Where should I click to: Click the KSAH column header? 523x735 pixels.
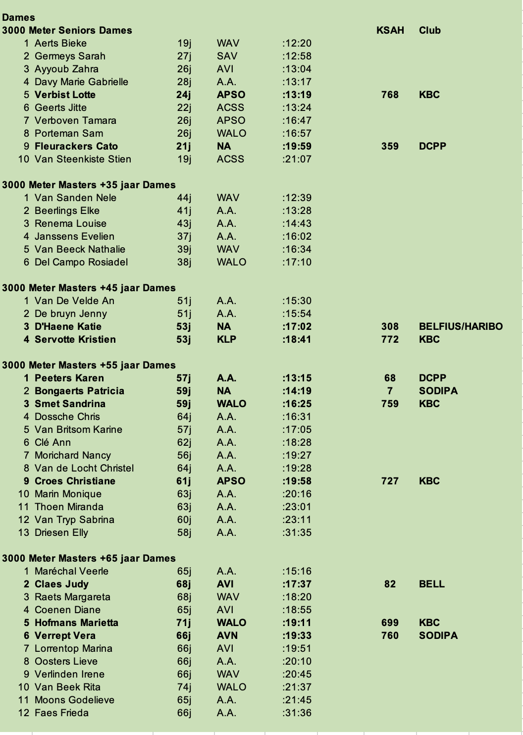click(390, 30)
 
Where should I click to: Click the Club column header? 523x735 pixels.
click(429, 30)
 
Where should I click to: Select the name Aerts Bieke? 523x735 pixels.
click(60, 43)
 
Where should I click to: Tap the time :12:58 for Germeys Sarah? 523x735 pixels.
click(297, 56)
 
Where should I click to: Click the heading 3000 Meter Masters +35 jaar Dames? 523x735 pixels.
click(89, 185)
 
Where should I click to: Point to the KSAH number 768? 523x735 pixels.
click(390, 95)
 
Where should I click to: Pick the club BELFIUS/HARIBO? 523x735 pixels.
click(461, 326)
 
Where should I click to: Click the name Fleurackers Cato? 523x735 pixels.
click(76, 146)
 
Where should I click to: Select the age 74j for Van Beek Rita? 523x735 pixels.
click(184, 687)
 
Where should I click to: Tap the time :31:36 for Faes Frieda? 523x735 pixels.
click(297, 713)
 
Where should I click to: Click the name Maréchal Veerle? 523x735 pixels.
click(71, 571)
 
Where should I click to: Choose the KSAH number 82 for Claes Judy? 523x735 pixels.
click(390, 584)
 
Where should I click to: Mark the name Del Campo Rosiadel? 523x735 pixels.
click(81, 262)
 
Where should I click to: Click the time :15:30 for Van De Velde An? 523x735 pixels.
click(297, 301)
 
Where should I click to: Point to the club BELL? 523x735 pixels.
click(431, 584)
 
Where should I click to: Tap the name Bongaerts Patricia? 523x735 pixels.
click(79, 391)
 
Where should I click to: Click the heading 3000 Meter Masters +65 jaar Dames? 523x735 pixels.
click(89, 558)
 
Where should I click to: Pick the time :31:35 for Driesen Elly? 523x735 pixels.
click(297, 532)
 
